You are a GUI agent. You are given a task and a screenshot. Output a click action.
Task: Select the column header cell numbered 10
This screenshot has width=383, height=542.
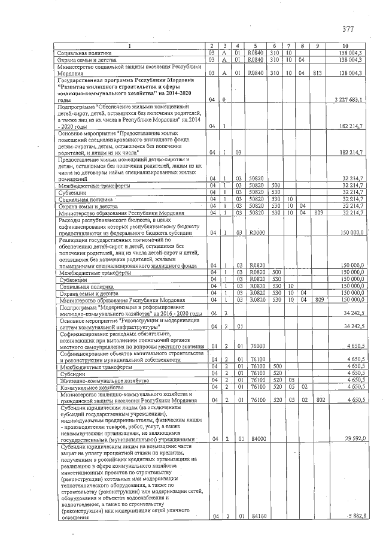point(345,47)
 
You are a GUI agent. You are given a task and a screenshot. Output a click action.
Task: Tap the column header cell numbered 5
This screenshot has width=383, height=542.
point(256,47)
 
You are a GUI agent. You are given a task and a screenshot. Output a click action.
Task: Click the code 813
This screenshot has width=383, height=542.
point(318,72)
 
